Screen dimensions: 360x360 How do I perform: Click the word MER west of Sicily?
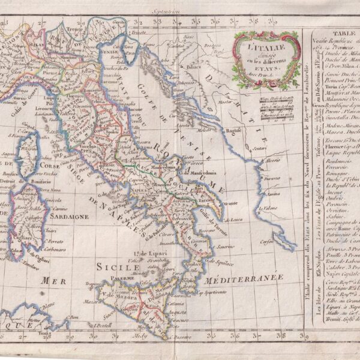[x=53, y=280]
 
